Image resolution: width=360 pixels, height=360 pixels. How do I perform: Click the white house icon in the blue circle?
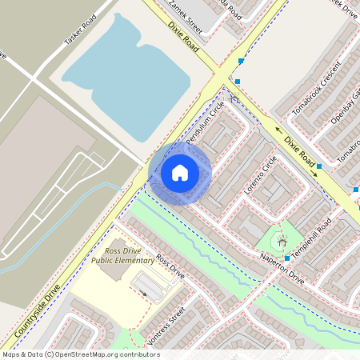(180, 172)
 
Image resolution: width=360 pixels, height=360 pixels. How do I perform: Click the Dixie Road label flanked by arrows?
(300, 146)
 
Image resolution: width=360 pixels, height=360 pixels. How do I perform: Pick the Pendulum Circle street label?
(206, 127)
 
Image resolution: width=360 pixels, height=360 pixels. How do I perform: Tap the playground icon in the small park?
(279, 241)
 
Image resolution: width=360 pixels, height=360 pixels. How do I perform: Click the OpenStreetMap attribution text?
(80, 354)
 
